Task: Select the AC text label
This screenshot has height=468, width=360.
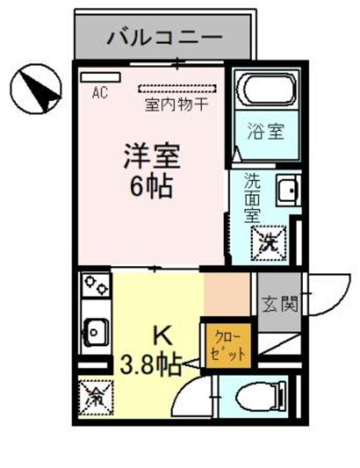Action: pyautogui.click(x=100, y=93)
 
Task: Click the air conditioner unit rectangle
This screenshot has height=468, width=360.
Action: pyautogui.click(x=94, y=77)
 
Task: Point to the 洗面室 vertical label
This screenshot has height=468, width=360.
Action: pyautogui.click(x=252, y=197)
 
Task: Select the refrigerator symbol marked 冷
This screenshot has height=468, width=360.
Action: pyautogui.click(x=94, y=398)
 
